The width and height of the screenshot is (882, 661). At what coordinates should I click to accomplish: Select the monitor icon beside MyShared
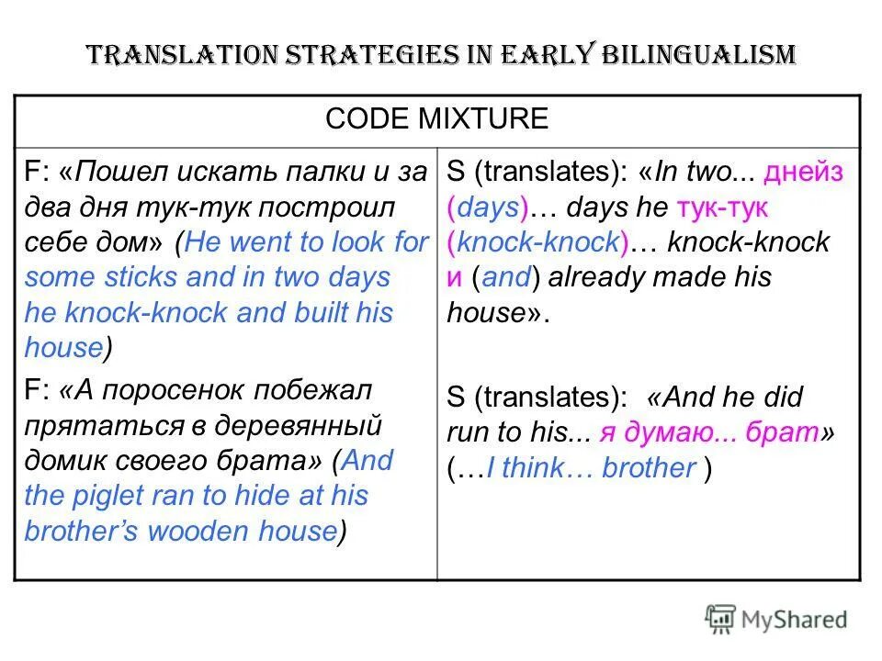click(x=721, y=619)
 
